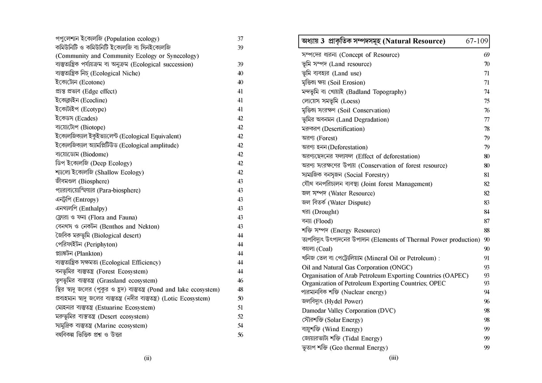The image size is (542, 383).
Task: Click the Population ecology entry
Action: [x=107, y=39]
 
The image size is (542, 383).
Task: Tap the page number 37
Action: [x=240, y=39]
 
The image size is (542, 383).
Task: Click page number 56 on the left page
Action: [x=240, y=335]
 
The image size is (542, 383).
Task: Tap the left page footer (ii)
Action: [x=148, y=358]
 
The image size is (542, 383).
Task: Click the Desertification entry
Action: [x=333, y=129]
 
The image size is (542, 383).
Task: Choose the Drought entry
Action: [x=320, y=212]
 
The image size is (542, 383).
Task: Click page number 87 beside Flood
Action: [x=486, y=221]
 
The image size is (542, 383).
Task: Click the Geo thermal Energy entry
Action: [x=345, y=347]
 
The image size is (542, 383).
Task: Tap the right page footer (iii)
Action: [x=393, y=358]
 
